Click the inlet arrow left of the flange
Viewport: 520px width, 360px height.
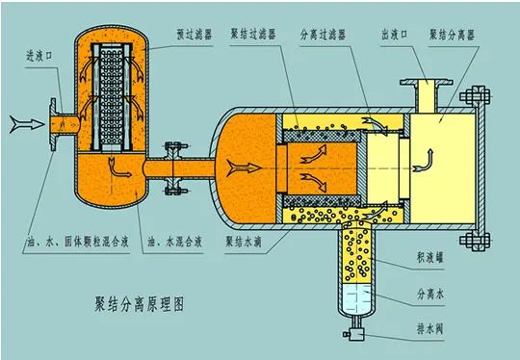tap(21, 122)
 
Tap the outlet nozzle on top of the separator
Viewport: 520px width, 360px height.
tap(425, 97)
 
